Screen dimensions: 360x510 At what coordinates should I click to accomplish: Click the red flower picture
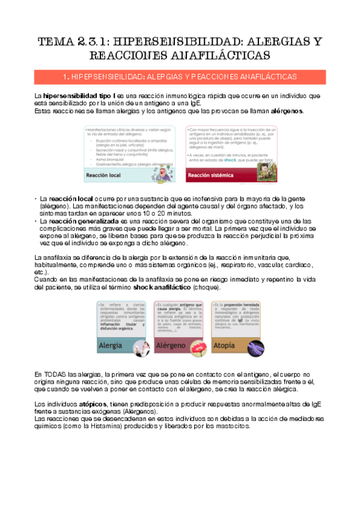[196, 344]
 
